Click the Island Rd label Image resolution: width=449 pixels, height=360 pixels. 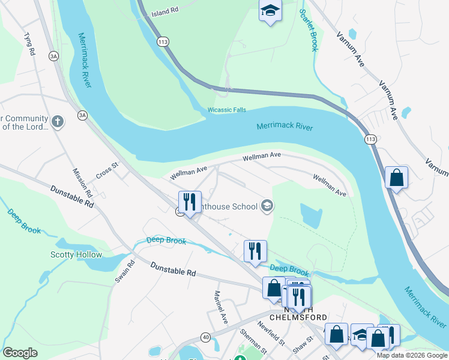[x=164, y=12]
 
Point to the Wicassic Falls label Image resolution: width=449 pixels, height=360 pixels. [x=227, y=110]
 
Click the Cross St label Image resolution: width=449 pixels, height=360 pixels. [x=107, y=172]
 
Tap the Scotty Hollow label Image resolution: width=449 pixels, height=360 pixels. [x=76, y=255]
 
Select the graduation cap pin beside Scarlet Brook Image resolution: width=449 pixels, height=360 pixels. [x=270, y=11]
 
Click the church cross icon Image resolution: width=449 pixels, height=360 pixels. [x=57, y=122]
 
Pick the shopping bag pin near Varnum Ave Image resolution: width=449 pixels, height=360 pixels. [x=396, y=178]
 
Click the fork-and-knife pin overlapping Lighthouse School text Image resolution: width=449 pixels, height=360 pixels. [x=190, y=202]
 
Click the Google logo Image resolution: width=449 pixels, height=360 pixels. [x=20, y=353]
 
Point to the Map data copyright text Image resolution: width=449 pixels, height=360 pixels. [x=412, y=355]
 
